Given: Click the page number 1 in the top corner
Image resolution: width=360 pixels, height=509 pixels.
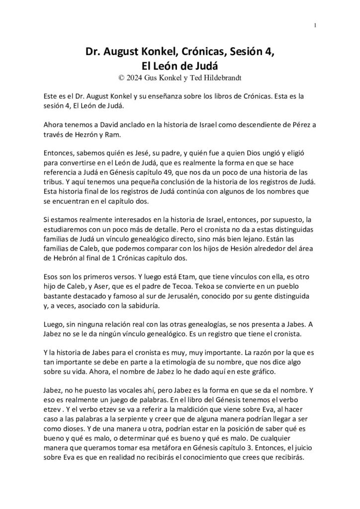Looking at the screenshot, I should (315, 25).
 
